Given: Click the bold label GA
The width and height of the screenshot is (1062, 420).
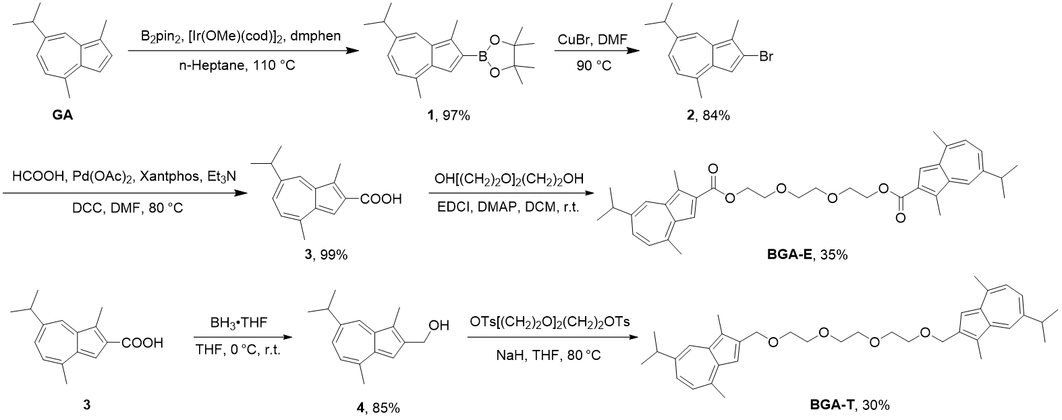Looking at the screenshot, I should click(x=63, y=116).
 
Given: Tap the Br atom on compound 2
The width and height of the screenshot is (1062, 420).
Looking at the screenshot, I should click(x=765, y=58).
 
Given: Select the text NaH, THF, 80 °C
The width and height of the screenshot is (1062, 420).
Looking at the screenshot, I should click(x=552, y=350).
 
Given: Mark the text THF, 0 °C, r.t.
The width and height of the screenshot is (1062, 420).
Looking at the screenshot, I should click(x=235, y=350).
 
